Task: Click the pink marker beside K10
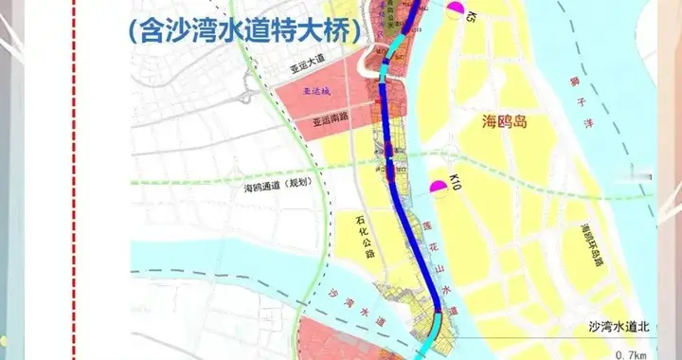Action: coord(439,189)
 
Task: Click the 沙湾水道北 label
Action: coord(618,327)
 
